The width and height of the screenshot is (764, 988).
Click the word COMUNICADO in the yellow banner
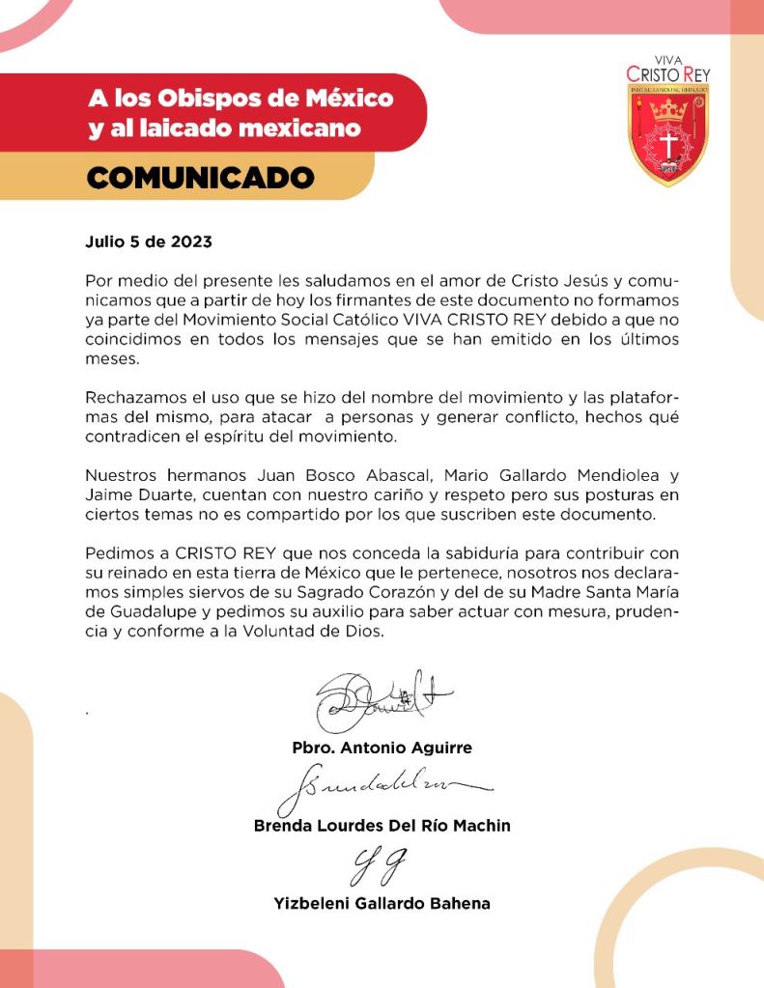click(201, 178)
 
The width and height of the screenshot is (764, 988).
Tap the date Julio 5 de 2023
click(148, 241)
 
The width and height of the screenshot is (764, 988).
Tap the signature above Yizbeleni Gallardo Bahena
click(381, 866)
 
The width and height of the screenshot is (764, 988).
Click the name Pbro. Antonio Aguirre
click(382, 748)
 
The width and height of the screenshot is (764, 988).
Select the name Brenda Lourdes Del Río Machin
click(382, 826)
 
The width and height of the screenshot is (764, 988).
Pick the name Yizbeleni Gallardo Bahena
click(382, 904)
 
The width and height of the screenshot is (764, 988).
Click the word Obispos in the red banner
click(191, 99)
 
